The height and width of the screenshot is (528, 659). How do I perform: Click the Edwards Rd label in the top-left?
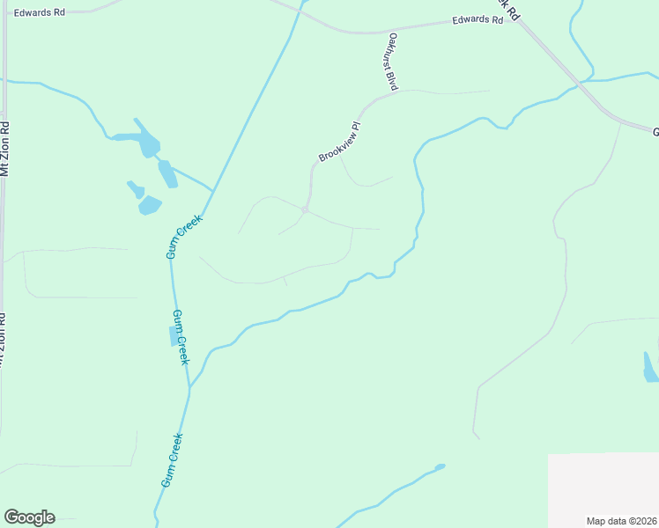point(41,11)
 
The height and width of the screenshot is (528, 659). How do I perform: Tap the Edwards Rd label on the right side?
point(477,20)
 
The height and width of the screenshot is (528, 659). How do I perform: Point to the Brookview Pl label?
point(340,142)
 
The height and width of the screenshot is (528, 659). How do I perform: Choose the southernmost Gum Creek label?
point(172,461)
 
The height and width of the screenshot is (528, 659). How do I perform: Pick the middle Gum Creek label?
point(180,337)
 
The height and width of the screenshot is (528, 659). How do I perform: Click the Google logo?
point(29,517)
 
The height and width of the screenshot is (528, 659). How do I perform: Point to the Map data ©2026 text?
point(621,520)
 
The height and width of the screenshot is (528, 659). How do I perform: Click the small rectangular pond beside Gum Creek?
point(174,335)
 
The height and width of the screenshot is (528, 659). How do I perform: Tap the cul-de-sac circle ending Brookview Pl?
point(305,209)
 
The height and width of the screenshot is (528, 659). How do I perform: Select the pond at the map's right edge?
point(649,369)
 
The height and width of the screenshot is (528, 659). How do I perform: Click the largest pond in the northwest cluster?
point(141,139)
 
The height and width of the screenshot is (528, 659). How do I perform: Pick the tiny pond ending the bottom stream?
point(440,466)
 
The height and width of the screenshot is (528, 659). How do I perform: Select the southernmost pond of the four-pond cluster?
point(149,206)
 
